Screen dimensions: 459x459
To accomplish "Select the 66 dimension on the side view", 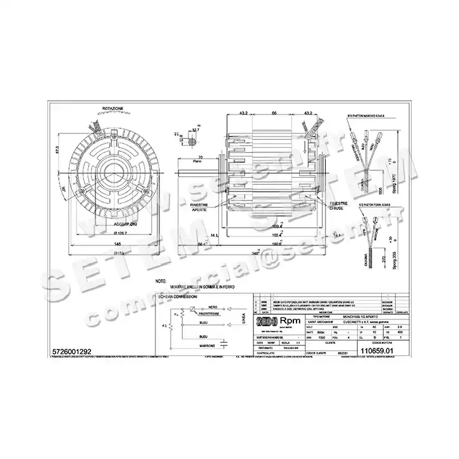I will coord(274,113).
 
